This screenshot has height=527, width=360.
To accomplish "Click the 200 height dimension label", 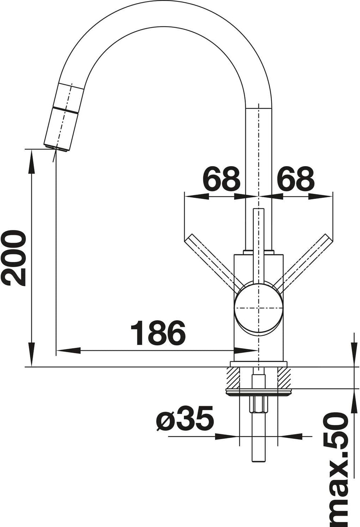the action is click(13, 258).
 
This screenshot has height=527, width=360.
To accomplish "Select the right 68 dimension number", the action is click(296, 179).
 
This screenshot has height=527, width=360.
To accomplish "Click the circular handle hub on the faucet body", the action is click(258, 308).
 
